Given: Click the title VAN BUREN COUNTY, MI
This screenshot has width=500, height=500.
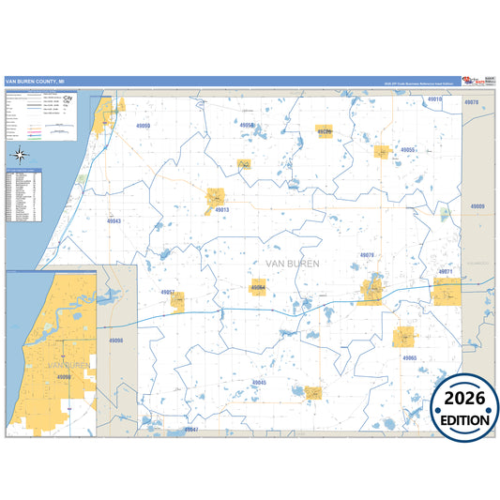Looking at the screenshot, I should pos(37,83).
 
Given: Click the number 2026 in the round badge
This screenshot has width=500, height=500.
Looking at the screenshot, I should pos(464,400).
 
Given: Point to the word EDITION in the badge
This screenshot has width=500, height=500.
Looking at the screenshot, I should pos(464,420).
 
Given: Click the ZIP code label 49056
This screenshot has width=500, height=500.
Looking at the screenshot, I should pos(247,125).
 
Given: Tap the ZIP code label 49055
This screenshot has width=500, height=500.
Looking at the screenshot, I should pos(407,149).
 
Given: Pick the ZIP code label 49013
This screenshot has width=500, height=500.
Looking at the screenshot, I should pos(221,210).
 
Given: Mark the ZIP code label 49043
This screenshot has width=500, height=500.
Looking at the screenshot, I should pos(114,220).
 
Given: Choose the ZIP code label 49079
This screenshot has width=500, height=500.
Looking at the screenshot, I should pos(367,255).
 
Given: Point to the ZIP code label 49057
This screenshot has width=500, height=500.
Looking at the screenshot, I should pos(169,293).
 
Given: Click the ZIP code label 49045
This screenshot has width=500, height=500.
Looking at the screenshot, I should pos(260,383).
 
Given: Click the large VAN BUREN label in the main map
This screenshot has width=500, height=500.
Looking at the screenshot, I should pos(294,264).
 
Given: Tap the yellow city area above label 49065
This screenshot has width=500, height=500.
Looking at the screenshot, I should pos(404,336).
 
